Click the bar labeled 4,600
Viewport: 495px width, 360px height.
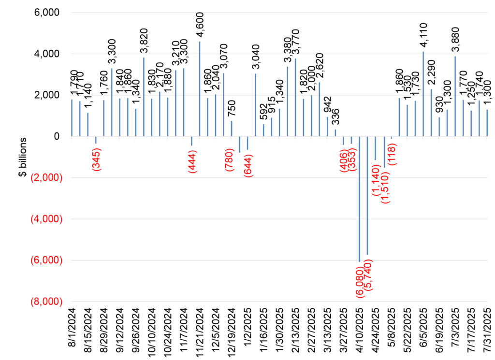point(200,89)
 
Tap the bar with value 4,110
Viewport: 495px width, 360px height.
point(423,94)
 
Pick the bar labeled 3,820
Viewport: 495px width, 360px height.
point(144,97)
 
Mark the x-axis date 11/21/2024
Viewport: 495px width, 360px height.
point(200,331)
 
